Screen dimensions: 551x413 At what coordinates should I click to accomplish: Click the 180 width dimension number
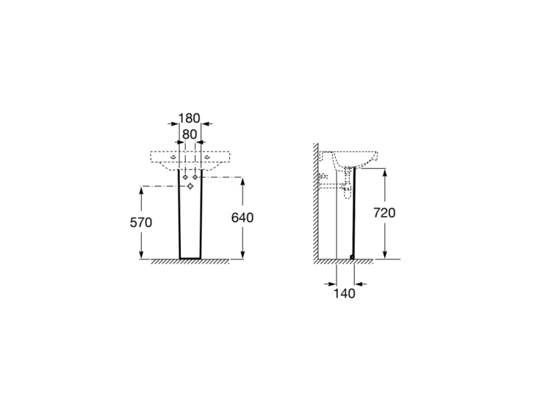tap(189, 118)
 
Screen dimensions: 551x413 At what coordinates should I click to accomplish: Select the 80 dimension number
tap(190, 134)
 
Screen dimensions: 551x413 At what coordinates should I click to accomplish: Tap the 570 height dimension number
tap(141, 223)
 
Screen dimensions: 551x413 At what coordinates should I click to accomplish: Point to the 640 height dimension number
tap(242, 218)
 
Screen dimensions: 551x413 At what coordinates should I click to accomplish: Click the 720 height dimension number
tap(384, 212)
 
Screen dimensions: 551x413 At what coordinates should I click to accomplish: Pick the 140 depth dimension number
tap(344, 293)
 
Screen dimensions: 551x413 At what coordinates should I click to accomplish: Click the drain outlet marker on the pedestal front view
tap(190, 186)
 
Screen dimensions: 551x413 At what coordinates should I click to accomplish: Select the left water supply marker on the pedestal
tap(185, 177)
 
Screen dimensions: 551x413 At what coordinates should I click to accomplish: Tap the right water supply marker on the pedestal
tap(195, 177)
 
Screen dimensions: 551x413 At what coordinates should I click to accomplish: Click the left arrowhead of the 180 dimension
tap(174, 123)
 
